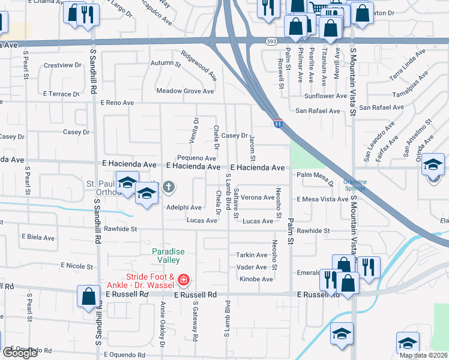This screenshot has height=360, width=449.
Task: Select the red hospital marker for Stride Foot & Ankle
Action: [x=183, y=280]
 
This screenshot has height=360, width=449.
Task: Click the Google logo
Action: [x=20, y=353]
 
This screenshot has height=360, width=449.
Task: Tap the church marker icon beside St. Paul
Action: [x=169, y=187]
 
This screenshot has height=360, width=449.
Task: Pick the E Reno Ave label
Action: [x=117, y=103]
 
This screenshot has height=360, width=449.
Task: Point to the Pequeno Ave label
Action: [x=197, y=158]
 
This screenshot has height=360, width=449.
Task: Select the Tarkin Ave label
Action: [x=252, y=255]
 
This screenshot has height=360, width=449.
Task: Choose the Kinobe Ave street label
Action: [x=256, y=279]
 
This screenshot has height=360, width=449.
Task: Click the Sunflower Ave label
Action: [x=325, y=96]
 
